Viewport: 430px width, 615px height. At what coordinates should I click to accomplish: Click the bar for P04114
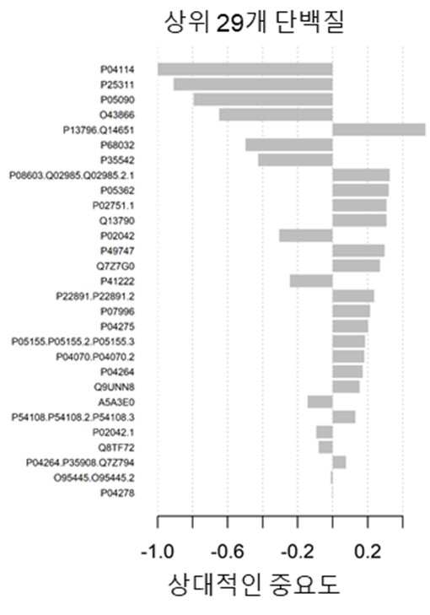tap(245, 69)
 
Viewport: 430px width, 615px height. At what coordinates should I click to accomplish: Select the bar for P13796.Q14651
tap(379, 130)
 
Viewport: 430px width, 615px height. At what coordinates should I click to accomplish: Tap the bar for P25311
tap(253, 84)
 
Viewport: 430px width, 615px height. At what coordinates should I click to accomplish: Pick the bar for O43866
tap(276, 115)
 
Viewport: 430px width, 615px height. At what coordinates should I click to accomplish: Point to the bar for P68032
tap(289, 145)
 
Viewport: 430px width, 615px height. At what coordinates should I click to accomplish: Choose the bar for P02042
tap(306, 235)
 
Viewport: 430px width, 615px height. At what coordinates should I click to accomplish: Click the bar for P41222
tap(311, 281)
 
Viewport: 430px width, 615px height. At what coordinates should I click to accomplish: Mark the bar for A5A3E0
tap(320, 402)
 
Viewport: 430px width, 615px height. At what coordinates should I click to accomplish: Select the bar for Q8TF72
tap(325, 447)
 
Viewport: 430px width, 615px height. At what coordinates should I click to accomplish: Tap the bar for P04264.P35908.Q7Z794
tap(339, 462)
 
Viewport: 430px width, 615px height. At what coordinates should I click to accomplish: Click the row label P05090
tap(117, 100)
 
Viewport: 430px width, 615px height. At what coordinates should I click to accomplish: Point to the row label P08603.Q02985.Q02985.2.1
tap(72, 175)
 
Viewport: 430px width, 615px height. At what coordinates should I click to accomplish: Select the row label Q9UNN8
tap(114, 387)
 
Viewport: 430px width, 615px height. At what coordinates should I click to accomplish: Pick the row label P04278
tap(117, 493)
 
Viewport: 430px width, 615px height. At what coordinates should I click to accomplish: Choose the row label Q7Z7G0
tap(116, 267)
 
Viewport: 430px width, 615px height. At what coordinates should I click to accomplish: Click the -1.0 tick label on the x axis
tap(158, 553)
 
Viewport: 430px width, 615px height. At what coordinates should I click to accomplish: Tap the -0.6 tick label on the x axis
tap(228, 553)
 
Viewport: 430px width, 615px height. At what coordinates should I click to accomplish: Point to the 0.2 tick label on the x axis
tap(368, 553)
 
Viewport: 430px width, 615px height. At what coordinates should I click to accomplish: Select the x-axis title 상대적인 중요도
tap(254, 585)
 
